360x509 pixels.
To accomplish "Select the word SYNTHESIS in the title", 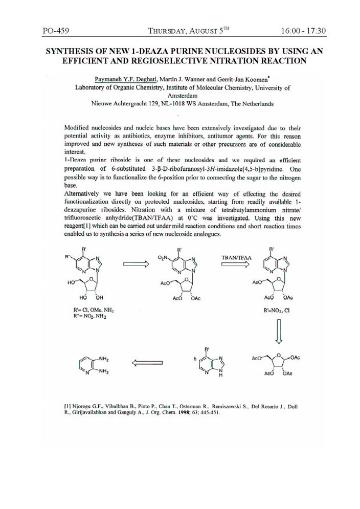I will (73, 52).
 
